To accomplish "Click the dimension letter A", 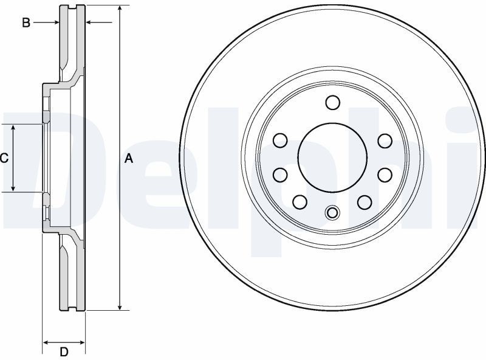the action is (x=129, y=159).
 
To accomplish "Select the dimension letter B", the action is (x=26, y=22).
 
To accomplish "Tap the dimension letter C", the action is (x=4, y=159).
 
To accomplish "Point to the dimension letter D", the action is (x=64, y=352).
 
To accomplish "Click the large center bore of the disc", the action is (x=332, y=157).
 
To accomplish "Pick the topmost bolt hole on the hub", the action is (x=333, y=102).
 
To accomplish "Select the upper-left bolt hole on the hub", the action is (x=280, y=140).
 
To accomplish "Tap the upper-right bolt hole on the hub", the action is (x=385, y=141).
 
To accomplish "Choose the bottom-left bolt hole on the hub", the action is (x=299, y=202).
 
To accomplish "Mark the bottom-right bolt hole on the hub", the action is (x=364, y=202).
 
